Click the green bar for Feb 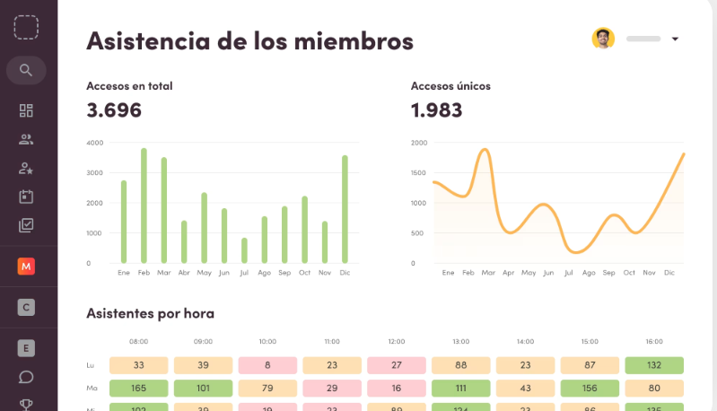[144, 205]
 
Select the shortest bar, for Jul [244, 250]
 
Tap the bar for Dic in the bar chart [345, 209]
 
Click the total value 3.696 [114, 110]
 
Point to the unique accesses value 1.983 [436, 110]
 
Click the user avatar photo [603, 39]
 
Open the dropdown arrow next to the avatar [675, 39]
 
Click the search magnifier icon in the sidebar [26, 70]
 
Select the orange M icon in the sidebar [26, 267]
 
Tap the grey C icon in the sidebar [26, 308]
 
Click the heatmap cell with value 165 [139, 389]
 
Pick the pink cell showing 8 [267, 365]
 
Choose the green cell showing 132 [654, 365]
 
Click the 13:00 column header [460, 342]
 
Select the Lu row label [91, 365]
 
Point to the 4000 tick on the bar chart [94, 143]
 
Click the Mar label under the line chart [487, 272]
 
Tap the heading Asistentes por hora [150, 313]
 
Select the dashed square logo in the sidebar [26, 26]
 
